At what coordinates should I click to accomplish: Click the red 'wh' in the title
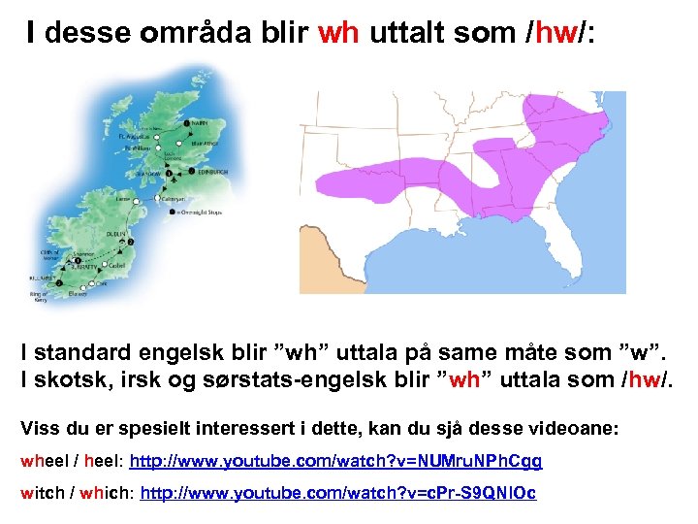pyautogui.click(x=338, y=33)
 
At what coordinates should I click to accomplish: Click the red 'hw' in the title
pyautogui.click(x=556, y=33)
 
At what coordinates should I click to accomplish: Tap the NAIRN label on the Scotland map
pyautogui.click(x=201, y=123)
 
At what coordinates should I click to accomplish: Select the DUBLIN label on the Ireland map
pyautogui.click(x=118, y=234)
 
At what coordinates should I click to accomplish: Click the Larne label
pyautogui.click(x=122, y=199)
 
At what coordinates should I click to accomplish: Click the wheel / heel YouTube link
pyautogui.click(x=335, y=461)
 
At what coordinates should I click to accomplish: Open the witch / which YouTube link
pyautogui.click(x=338, y=493)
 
